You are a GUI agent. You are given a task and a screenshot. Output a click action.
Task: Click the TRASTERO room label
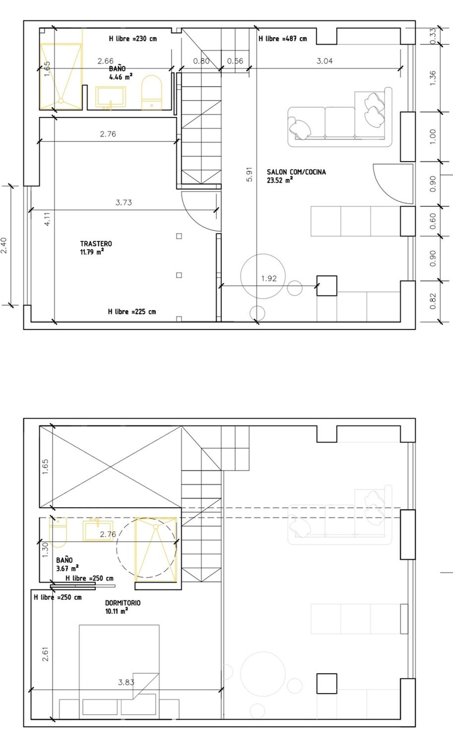click(96, 244)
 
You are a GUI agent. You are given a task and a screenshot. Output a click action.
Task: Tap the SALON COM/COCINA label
click(296, 172)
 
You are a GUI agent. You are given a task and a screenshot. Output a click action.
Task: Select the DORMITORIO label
click(123, 603)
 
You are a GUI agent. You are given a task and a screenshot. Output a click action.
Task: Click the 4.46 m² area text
click(120, 77)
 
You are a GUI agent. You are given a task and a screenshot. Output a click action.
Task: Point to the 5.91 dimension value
click(249, 174)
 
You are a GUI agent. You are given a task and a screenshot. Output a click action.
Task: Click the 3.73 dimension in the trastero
click(124, 202)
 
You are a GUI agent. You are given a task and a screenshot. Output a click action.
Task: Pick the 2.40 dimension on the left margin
click(4, 245)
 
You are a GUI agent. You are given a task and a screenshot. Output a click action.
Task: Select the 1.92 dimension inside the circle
click(269, 278)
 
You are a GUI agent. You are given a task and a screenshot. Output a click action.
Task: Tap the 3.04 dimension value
click(325, 61)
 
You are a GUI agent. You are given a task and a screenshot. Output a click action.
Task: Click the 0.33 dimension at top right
click(433, 36)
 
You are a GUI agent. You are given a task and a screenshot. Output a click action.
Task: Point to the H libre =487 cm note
click(283, 39)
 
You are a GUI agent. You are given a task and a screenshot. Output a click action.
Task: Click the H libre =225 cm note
click(132, 311)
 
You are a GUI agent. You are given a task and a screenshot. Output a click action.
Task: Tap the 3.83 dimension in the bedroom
click(126, 682)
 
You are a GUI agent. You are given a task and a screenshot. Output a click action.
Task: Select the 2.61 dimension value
click(45, 654)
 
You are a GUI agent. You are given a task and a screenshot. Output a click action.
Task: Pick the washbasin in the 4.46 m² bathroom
click(111, 97)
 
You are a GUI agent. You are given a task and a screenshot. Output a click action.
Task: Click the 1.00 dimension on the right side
click(433, 137)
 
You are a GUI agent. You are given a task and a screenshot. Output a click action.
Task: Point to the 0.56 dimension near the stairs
click(235, 61)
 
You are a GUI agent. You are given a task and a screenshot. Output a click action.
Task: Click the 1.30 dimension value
click(45, 550)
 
